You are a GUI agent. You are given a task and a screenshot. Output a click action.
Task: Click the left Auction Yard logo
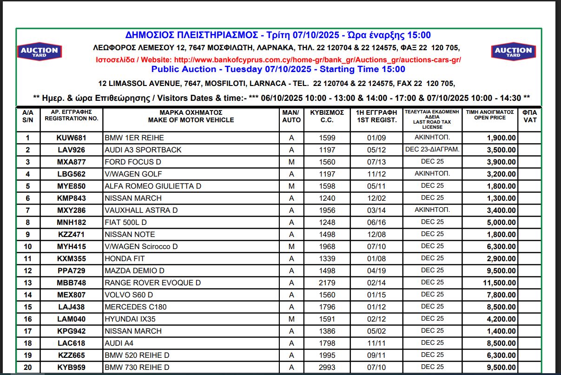coord(40,52)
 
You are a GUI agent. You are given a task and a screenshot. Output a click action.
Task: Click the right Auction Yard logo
coord(513,52)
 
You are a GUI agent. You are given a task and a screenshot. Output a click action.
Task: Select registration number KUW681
coord(71,138)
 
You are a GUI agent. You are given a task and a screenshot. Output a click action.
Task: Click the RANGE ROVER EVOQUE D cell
coord(153,283)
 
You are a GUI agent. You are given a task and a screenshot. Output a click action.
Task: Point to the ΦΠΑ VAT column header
coord(529,116)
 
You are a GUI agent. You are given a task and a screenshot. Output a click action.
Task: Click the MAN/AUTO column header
coord(291,116)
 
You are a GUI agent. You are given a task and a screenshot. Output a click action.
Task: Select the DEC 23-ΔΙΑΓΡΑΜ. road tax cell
coord(432,150)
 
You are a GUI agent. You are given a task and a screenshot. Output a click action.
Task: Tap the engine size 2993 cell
coord(327,368)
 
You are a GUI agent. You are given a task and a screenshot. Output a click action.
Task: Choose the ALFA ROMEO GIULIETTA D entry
coord(150,186)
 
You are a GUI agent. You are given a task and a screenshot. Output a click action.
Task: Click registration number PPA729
coord(71,271)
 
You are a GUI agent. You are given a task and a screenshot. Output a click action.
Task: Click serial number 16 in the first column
coord(28,319)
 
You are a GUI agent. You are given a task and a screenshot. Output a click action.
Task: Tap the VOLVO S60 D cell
coord(129,295)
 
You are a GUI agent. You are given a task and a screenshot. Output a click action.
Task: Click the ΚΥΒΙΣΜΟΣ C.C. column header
coord(327,116)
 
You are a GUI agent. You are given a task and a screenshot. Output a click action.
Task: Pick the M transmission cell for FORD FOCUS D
coord(291,162)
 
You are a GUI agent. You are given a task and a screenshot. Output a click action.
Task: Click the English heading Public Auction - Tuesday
coord(278,70)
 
